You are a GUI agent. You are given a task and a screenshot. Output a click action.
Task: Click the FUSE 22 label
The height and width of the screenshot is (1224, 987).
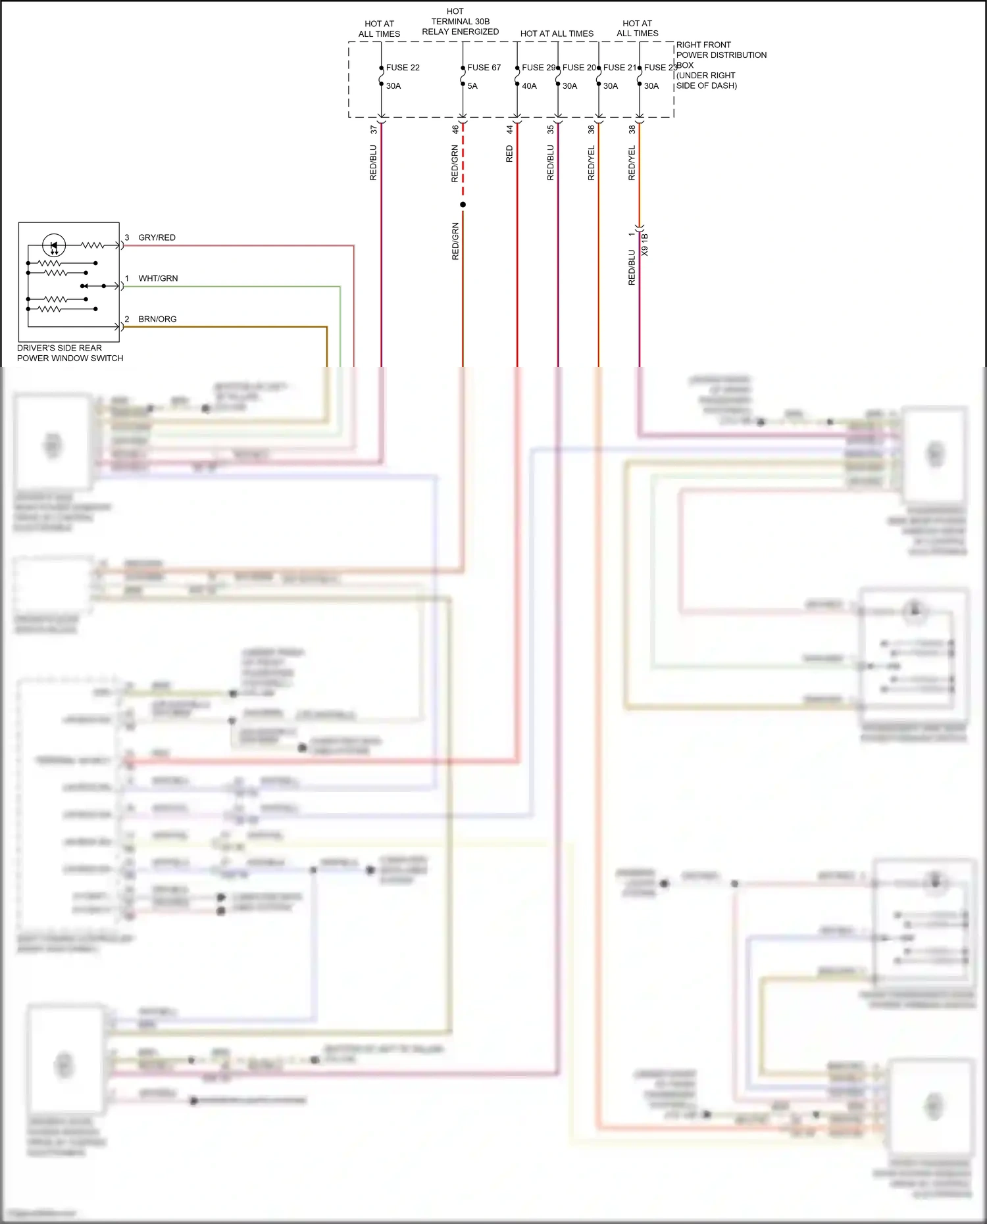coord(403,68)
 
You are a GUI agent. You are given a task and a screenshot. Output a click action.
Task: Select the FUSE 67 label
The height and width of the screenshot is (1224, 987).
coord(484,68)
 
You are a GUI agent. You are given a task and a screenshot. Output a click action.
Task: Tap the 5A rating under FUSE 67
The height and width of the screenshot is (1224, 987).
coord(472,86)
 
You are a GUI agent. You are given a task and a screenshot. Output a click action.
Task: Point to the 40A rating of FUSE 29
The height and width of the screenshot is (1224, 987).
coord(529,86)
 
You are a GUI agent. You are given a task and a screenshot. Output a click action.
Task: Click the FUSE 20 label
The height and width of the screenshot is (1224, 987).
coord(579,68)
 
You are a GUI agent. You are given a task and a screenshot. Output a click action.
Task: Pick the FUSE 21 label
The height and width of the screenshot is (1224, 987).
coord(620,68)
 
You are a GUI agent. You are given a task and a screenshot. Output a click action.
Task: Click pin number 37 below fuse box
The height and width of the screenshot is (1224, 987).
coord(374,130)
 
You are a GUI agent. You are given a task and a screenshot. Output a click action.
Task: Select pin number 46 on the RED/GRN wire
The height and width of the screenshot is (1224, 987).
coord(455,130)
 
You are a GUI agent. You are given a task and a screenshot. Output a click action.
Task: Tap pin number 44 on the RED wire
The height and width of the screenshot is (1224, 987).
coord(509,130)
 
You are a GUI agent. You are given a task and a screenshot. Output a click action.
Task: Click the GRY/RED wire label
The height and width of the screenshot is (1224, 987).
coord(157,237)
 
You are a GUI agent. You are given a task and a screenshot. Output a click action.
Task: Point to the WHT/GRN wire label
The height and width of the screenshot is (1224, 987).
coord(158,278)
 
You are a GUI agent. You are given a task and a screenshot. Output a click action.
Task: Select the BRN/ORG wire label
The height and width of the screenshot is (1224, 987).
coord(157,319)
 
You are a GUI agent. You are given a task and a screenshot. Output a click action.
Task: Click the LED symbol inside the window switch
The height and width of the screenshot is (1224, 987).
coord(54,246)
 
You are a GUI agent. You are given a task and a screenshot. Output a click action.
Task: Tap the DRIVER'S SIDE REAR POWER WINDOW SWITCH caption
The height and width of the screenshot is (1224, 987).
coord(70,353)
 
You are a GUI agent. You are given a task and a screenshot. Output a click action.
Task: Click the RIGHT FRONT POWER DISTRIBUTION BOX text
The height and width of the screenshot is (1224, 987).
coord(721,65)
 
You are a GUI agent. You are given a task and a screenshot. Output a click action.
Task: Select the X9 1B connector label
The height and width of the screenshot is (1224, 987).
coord(645,245)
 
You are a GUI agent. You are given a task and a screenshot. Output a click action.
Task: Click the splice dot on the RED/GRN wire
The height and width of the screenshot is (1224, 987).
coord(463,205)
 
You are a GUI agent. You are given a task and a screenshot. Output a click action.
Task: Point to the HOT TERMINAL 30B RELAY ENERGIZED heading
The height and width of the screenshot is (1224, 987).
coord(460,22)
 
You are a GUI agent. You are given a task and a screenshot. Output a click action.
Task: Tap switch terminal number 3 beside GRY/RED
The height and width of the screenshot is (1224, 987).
coord(127,237)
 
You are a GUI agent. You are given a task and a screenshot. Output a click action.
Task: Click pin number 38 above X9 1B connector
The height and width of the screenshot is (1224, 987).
coord(632,130)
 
